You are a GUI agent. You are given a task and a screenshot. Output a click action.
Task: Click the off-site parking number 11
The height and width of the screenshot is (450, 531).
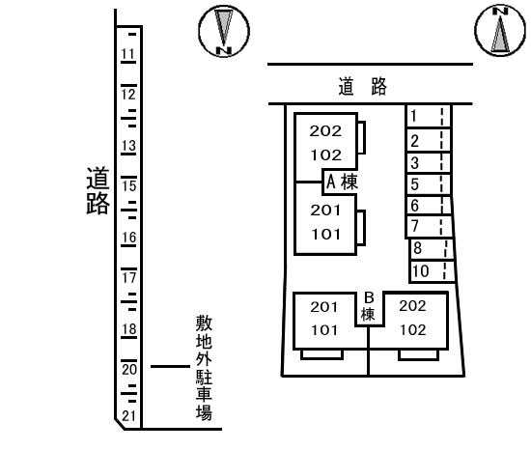click(x=128, y=53)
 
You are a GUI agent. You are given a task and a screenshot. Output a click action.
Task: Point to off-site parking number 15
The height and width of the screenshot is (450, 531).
click(x=129, y=185)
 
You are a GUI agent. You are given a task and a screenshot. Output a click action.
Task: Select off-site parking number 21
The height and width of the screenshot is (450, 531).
click(x=128, y=416)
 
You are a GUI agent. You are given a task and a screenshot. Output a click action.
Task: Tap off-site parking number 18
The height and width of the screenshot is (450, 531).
click(x=129, y=328)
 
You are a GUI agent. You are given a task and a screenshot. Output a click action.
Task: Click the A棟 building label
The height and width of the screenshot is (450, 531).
click(x=342, y=182)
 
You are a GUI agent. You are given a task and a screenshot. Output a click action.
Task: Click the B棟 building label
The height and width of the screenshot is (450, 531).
click(x=369, y=306)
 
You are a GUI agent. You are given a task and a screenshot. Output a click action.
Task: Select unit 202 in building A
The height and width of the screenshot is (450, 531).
click(x=325, y=131)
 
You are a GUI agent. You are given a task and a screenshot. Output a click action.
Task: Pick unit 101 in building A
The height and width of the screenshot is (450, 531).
click(x=325, y=234)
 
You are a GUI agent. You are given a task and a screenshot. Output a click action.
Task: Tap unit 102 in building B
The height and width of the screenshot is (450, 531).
click(x=413, y=330)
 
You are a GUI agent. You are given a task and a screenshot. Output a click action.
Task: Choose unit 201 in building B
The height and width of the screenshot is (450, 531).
click(x=324, y=307)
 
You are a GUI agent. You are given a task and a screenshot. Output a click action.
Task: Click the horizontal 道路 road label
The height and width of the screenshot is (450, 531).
click(x=362, y=86)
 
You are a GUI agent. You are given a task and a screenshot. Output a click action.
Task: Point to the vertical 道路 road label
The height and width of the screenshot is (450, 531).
click(x=98, y=190)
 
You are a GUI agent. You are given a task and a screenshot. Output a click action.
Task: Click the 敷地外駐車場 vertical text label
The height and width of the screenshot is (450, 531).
click(x=204, y=368)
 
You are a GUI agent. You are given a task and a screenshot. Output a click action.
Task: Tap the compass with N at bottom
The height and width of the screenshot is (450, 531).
click(x=224, y=31)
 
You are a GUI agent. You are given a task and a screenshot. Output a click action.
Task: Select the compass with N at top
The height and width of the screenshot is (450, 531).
click(x=500, y=30)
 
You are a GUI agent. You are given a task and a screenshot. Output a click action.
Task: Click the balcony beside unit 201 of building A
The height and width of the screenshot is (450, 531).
click(x=361, y=228)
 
